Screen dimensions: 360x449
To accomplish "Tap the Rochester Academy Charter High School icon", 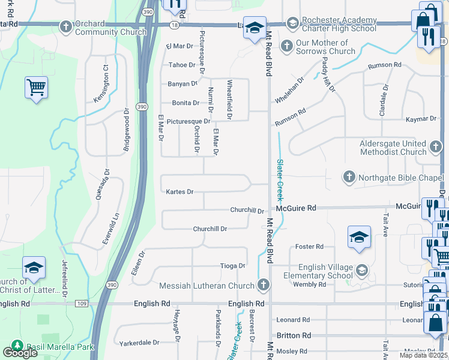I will point(293,23).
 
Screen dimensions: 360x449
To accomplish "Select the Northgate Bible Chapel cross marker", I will point(349,177).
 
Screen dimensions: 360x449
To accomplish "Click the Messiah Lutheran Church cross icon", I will point(262,285).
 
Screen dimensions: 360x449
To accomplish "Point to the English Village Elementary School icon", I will point(361,271).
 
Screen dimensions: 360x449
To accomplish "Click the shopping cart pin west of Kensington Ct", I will point(36,88).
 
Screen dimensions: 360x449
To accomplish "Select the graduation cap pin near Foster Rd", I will point(359,238).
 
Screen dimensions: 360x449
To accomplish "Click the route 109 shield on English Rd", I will point(82,304).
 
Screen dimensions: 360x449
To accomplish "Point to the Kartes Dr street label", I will point(179,192).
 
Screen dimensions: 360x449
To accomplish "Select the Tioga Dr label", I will point(234,266).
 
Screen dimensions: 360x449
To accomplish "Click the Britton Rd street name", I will point(294,335).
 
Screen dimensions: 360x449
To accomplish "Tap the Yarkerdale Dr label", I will point(139,343).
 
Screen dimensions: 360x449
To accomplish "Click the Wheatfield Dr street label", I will point(229,99).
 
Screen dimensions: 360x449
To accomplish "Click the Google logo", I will point(20,353).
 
